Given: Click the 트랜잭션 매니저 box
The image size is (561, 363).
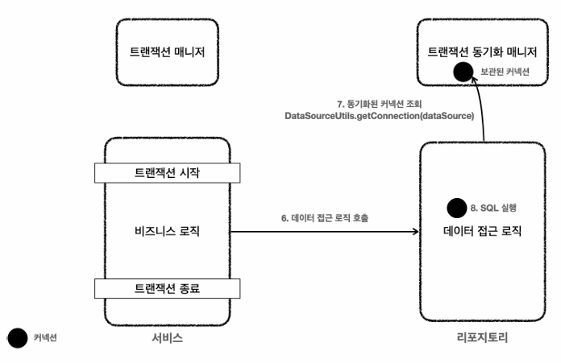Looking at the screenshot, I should coord(168,52).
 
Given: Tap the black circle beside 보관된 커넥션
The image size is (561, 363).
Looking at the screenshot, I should coord(463,72).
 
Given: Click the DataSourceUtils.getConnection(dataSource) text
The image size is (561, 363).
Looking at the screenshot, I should coord(378,117).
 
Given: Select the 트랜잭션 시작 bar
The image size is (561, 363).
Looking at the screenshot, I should coord(167,173).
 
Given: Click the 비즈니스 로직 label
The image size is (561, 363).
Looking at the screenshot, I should coord(167,232).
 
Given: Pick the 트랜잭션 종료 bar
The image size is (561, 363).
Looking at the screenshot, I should coord(167,287).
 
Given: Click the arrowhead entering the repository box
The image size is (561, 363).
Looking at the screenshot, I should coord(416,233).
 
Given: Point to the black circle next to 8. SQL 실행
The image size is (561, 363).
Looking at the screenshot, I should coord(457,207).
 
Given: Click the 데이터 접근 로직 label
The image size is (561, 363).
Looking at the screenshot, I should coord(482,233).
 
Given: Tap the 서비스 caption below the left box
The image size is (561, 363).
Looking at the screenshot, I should coord(167,338).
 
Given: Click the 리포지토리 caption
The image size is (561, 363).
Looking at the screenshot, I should coord(481,338).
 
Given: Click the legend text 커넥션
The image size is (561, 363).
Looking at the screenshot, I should coord(45,339).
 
